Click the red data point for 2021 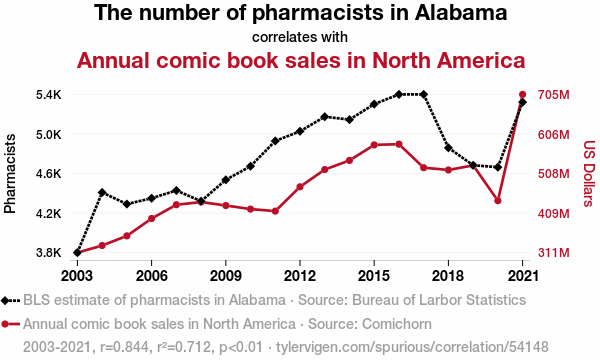pos(522,94)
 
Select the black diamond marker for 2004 pos(102,192)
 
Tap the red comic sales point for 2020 pos(498,200)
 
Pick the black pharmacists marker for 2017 pos(424,94)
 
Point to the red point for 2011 pos(275,211)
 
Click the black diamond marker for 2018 pos(448,148)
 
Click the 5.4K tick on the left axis pos(49,94)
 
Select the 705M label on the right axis pos(554,94)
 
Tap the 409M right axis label pos(554,213)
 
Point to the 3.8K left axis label pos(49,253)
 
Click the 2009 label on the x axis pos(226,275)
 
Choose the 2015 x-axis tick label pos(374,275)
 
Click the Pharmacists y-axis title pos(10,174)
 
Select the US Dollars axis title pos(589,174)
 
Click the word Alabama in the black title pos(461,13)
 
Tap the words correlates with pos(300,37)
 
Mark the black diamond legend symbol pos(5,301)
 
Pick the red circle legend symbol pos(5,324)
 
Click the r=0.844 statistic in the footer pos(124,347)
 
